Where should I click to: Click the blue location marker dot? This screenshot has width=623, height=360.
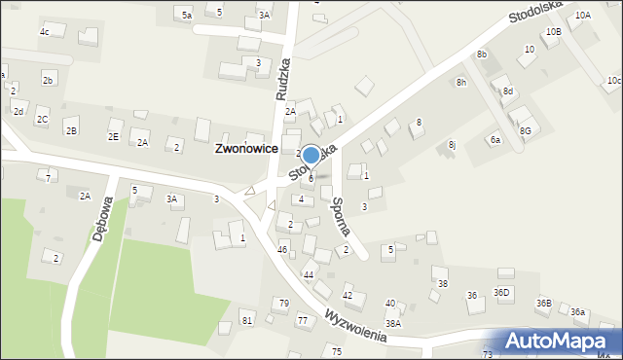[x=311, y=155]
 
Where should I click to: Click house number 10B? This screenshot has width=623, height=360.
[x=553, y=32]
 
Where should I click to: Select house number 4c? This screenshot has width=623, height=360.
[x=44, y=32]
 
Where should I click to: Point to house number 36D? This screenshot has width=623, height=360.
[x=501, y=293]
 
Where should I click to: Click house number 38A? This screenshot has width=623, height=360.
[x=392, y=323]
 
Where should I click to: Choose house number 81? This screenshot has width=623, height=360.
[x=247, y=320]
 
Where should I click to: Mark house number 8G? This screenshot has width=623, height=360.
[x=526, y=130]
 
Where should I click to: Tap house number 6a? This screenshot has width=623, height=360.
[x=495, y=140]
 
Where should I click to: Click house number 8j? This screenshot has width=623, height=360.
[x=452, y=144]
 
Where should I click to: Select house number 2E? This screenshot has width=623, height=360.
[x=114, y=136]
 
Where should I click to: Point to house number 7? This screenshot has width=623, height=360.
[x=49, y=178]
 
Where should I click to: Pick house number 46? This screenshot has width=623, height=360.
[x=282, y=250]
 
